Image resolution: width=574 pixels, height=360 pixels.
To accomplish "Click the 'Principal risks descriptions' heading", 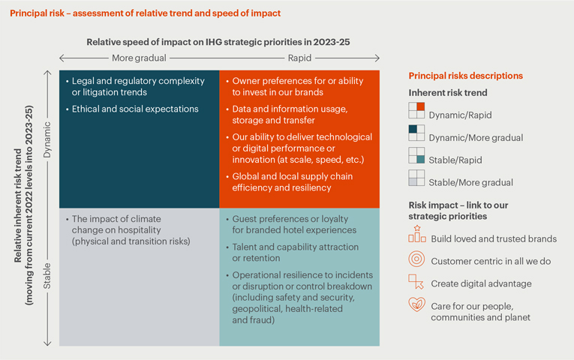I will click(465, 76).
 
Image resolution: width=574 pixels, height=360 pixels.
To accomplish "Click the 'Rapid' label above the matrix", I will click(300, 58).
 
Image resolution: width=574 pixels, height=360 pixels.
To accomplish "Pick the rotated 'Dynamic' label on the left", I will click(47, 138).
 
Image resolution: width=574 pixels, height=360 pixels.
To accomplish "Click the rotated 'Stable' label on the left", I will click(47, 275).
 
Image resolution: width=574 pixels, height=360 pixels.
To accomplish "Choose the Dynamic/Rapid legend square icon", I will click(416, 110).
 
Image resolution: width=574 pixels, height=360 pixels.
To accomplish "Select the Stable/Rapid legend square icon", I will click(416, 155).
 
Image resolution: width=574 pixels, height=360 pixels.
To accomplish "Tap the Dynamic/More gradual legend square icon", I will click(416, 133).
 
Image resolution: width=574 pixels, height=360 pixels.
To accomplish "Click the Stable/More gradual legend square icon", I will click(416, 178).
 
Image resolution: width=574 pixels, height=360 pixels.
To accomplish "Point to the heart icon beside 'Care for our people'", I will click(416, 306).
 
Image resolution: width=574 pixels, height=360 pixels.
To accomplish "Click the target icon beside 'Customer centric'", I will click(416, 260).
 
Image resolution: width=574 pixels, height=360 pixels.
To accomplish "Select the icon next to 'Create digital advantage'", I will click(416, 283).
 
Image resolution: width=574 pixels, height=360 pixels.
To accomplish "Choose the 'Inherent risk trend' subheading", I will click(447, 93).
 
